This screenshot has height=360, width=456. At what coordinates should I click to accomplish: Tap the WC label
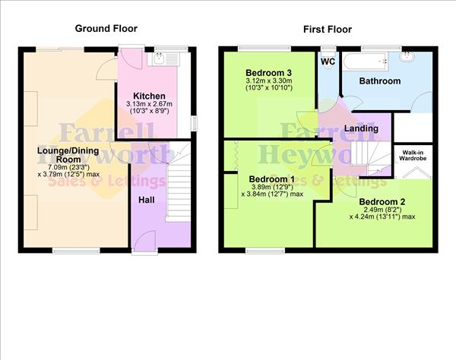tap(328, 61)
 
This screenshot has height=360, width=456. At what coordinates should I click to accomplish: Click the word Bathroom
tap(379, 80)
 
